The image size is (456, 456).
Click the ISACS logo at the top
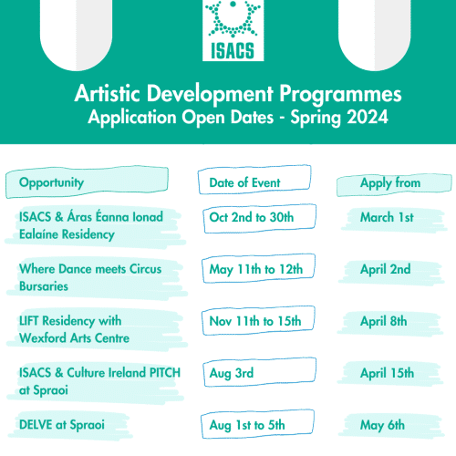click(x=233, y=30)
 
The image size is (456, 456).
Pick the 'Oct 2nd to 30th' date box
click(x=260, y=218)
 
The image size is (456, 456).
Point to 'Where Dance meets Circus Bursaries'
click(x=90, y=277)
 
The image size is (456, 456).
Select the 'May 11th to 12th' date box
click(x=258, y=268)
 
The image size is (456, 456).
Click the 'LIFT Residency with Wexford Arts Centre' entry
click(x=74, y=329)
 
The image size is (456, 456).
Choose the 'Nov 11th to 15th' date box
click(x=258, y=320)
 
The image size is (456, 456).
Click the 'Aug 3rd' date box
click(x=260, y=372)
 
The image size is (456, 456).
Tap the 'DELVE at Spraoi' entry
click(x=62, y=425)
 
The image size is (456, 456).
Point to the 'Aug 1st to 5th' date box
click(x=257, y=424)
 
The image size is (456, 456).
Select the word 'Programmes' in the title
click(x=340, y=94)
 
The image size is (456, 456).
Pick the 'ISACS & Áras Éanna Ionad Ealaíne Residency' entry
click(x=91, y=226)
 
